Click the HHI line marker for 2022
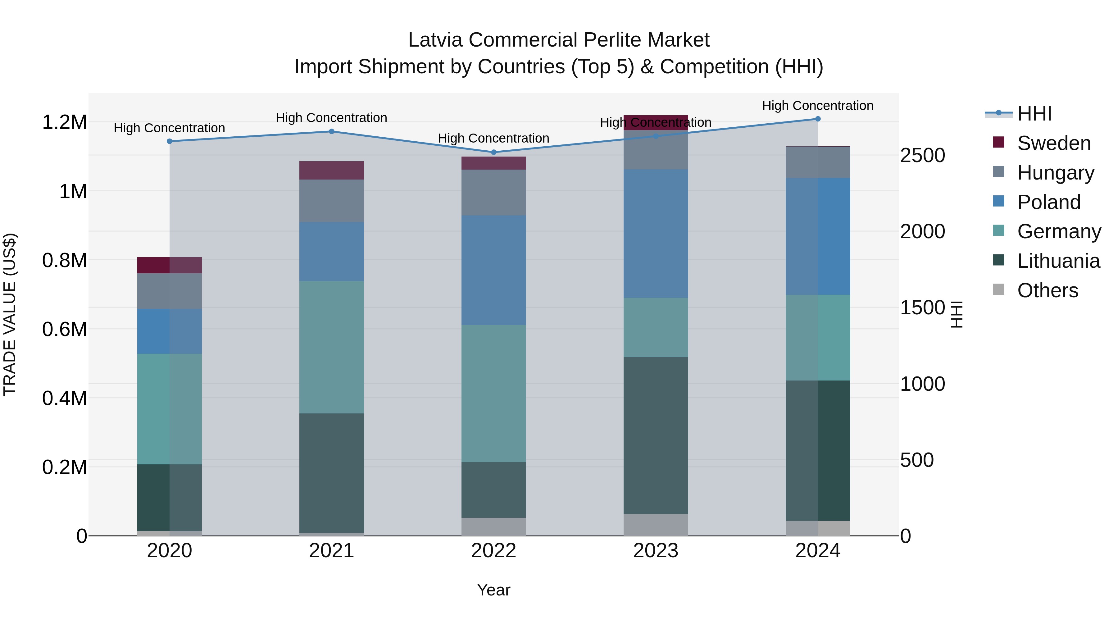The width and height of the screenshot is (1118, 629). (493, 153)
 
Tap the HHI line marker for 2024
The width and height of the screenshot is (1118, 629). (818, 119)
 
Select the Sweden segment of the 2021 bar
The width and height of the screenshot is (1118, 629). (332, 170)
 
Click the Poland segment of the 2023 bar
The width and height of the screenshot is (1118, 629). (656, 234)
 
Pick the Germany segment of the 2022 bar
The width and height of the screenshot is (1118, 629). (493, 393)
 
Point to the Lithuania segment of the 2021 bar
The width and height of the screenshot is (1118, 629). (332, 473)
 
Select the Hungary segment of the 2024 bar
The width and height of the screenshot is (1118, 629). (818, 162)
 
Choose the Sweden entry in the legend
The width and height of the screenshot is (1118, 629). (1053, 143)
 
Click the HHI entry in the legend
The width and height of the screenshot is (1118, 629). (1034, 114)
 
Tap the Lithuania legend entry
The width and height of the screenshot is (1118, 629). (1058, 261)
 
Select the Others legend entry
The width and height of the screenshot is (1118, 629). (1047, 290)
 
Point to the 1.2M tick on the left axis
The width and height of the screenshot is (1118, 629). (64, 122)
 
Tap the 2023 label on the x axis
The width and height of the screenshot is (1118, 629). (656, 551)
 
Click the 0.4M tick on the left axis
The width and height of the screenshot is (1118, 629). (64, 398)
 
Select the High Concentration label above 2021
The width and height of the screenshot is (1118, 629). (332, 118)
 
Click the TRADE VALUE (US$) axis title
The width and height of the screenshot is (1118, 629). (10, 314)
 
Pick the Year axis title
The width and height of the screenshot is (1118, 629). (493, 590)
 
